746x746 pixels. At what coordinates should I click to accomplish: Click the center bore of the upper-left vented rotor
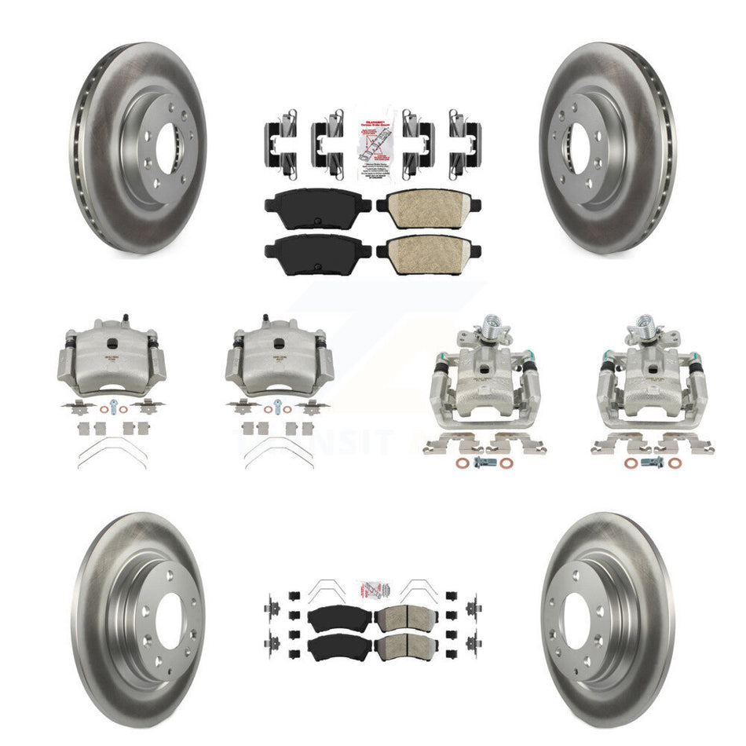click(x=167, y=149)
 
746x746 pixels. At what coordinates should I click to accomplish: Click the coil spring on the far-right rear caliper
click(x=645, y=324)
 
